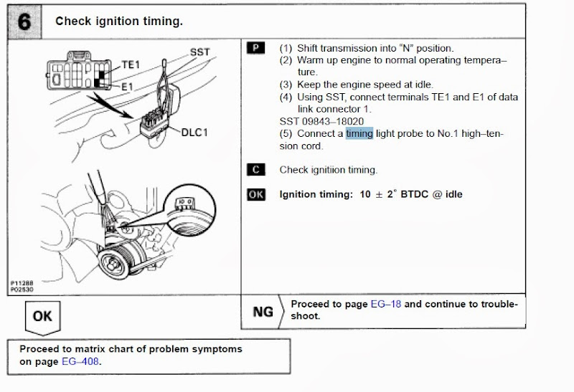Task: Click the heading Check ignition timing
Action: pos(119,21)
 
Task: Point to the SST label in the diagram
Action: pos(199,52)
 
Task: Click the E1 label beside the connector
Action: pos(126,86)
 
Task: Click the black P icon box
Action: pos(255,48)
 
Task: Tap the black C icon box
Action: pos(255,170)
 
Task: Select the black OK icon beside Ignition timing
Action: pos(256,194)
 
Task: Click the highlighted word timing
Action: pos(359,133)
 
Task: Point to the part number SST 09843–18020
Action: pos(321,121)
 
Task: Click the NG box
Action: pos(263,312)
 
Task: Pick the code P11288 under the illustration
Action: pos(23,284)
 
